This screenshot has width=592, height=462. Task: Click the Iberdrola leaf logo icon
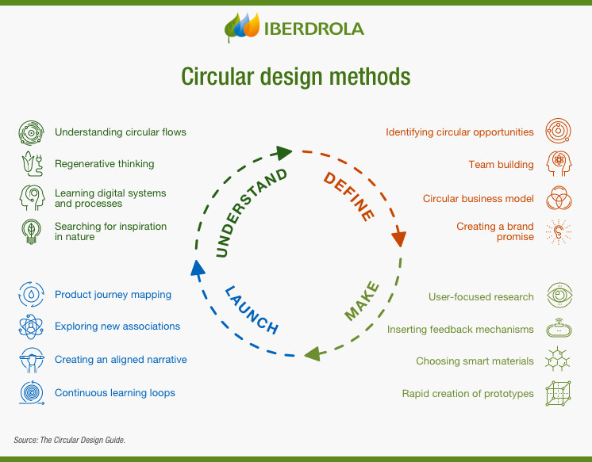(243, 28)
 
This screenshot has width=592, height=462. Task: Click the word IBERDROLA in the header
(314, 29)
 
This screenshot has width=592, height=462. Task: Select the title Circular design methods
(296, 77)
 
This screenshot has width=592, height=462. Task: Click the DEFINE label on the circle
(348, 194)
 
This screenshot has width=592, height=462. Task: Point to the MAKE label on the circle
(362, 301)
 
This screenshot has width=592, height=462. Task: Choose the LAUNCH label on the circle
(252, 310)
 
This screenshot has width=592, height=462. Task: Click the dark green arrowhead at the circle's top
(283, 151)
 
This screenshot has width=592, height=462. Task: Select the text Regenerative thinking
(104, 164)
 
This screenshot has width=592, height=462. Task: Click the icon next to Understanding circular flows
(29, 132)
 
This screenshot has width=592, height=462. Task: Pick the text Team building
(501, 165)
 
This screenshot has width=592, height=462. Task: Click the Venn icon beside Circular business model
(559, 198)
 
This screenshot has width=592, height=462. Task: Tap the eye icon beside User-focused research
(559, 296)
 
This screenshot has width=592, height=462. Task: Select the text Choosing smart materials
(475, 361)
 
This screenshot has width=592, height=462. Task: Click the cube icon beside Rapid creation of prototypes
(559, 393)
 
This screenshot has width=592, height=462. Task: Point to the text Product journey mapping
(113, 295)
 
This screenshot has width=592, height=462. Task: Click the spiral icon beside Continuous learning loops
(29, 392)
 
